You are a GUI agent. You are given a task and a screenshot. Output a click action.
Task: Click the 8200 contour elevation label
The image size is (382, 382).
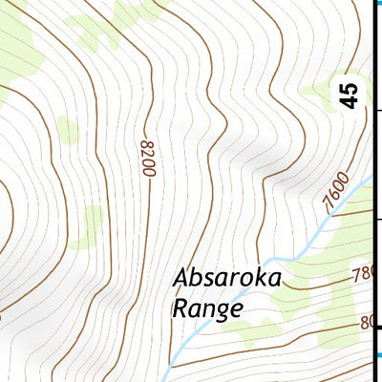point(147,158)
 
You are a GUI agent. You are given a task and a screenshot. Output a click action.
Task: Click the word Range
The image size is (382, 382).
point(207,308)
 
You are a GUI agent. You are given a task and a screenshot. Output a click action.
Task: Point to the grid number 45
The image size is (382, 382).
point(350,94)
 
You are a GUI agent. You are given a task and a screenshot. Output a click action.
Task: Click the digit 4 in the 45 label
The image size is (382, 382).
point(350,100)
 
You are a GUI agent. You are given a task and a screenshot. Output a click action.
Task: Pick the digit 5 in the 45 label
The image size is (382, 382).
point(350,87)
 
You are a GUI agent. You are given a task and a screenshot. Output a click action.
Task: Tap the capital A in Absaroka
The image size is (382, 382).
point(182,277)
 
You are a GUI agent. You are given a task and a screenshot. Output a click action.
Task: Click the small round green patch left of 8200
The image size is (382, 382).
point(68,129)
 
